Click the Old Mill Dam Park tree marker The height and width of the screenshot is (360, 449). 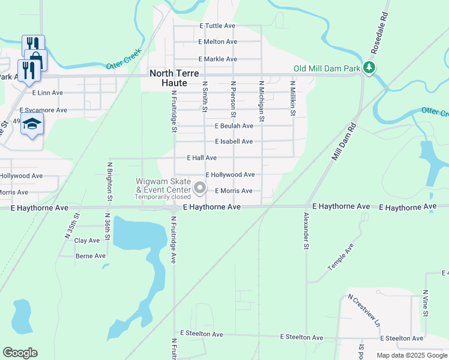[371, 68]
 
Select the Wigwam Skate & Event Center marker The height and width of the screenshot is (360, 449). [200, 189]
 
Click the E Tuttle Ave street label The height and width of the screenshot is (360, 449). [217, 26]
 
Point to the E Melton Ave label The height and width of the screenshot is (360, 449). [217, 41]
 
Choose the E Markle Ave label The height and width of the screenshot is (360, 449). [217, 59]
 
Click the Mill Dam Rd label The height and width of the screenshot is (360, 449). [344, 141]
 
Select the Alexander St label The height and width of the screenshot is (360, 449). [306, 230]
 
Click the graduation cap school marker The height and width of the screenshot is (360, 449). [32, 125]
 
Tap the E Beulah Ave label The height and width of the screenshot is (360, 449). [234, 126]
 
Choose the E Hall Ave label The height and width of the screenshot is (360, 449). [202, 158]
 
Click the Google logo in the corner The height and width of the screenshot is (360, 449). [20, 353]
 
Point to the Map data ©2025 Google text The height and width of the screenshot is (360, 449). [411, 355]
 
